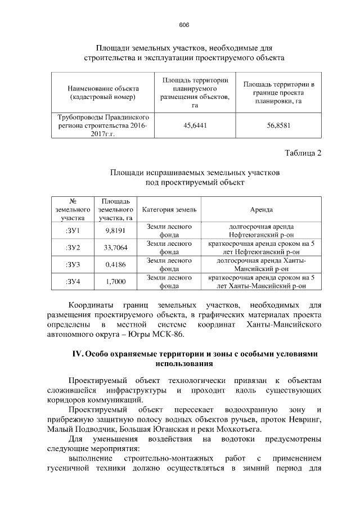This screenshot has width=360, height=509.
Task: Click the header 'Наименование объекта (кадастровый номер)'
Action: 103,93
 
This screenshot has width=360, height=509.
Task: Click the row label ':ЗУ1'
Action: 73,230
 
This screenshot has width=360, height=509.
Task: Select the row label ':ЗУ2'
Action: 73,247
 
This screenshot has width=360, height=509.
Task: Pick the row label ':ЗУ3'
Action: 73,264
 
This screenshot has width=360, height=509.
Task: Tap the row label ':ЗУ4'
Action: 73,281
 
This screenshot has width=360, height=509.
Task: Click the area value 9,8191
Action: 115,230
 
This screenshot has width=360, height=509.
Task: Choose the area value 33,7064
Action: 115,247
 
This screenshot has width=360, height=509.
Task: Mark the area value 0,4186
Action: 115,264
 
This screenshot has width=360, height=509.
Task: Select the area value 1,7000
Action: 115,281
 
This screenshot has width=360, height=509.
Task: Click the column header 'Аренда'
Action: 261,209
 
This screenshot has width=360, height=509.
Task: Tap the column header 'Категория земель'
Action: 169,209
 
